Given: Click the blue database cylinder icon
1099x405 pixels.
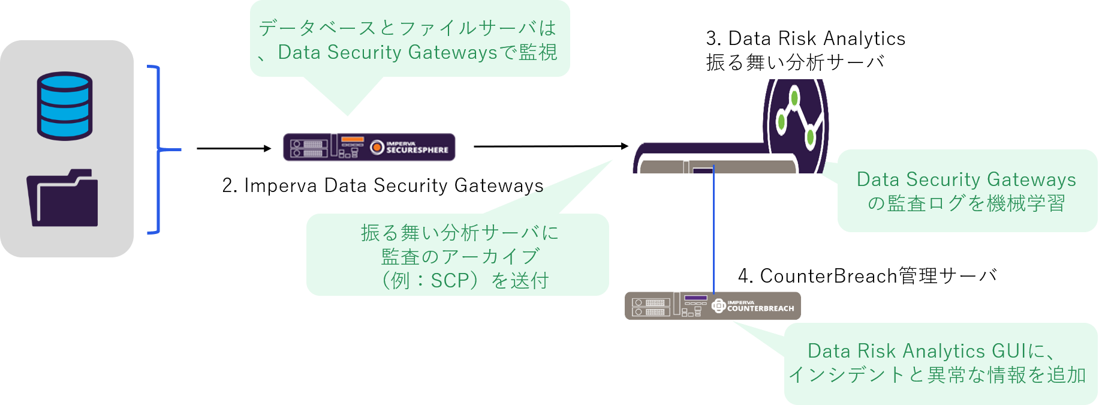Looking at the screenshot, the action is (65, 106).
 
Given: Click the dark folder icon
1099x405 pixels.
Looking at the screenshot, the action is (62, 197).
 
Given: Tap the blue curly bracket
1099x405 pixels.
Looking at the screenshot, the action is (158, 149).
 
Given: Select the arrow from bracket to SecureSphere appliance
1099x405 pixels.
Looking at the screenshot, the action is (234, 148).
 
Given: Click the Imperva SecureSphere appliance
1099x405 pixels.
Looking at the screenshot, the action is (369, 147).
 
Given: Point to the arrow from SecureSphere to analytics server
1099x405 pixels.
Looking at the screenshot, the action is (551, 146).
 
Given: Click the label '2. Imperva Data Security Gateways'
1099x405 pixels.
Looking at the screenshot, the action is (383, 185).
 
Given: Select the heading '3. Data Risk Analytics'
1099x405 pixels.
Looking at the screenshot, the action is (806, 38).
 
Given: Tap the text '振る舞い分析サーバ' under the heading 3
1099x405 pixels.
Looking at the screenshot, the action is (795, 62).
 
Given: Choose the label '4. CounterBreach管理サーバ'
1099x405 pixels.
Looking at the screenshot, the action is (868, 276).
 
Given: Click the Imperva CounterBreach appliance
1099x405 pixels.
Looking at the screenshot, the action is (713, 306).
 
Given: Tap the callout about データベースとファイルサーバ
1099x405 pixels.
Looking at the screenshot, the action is (410, 40).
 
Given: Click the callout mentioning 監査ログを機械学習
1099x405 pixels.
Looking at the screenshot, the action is (966, 191).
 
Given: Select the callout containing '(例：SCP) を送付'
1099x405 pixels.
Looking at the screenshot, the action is (458, 255).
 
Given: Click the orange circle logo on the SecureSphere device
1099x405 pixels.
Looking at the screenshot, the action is (377, 147).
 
